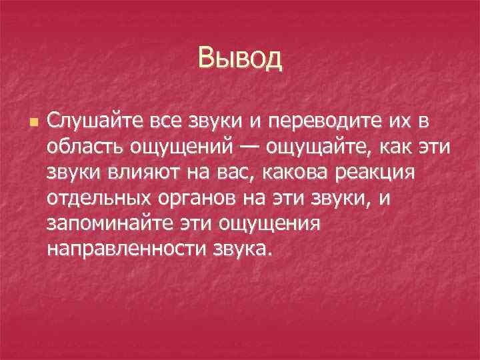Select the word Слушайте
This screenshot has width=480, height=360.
tap(90, 123)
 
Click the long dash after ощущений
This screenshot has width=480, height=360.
tap(247, 147)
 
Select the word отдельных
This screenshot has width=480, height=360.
tap(97, 199)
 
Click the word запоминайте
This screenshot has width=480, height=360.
tap(107, 223)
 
